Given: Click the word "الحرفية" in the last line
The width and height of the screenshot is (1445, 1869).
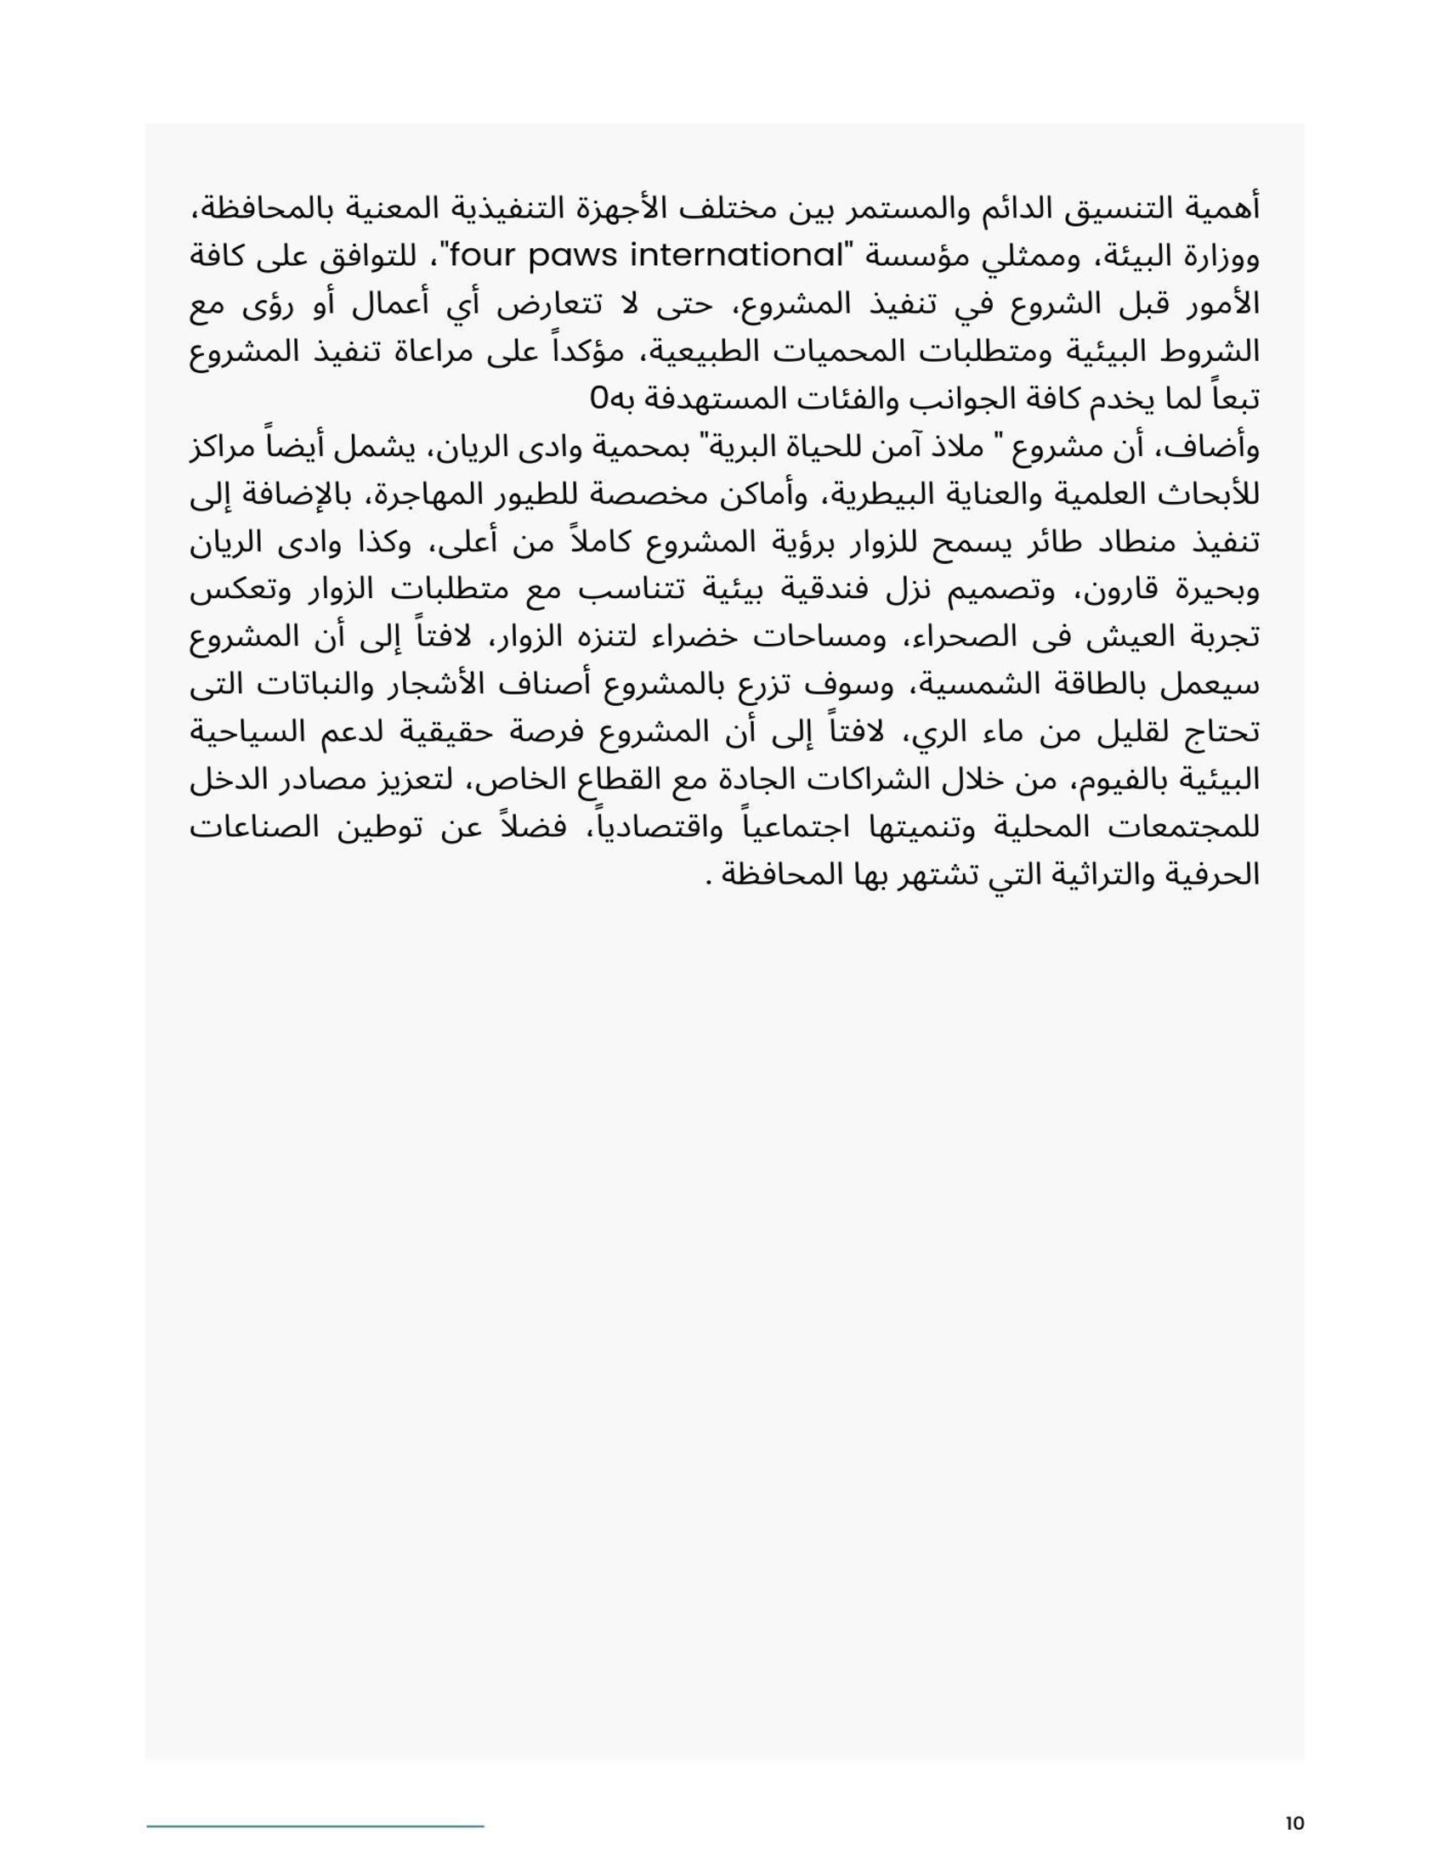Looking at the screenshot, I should click(x=1215, y=877).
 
